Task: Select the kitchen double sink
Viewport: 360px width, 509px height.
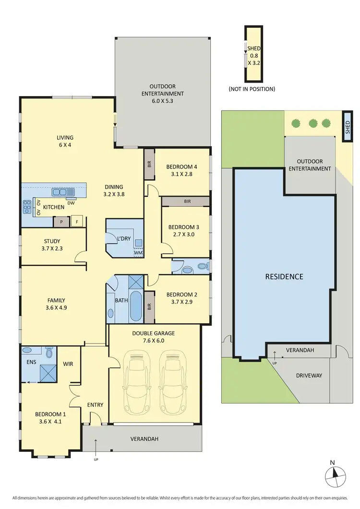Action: coord(63,192)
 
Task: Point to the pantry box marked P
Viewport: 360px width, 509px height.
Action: coord(61,222)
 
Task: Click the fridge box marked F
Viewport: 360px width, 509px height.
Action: coord(77,222)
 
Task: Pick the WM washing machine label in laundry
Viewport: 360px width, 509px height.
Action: coord(138,253)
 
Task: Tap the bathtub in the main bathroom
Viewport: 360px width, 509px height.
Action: coord(136,306)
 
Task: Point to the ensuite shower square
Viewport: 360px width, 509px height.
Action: coord(47,373)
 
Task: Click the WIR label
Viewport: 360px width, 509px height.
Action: coord(68,364)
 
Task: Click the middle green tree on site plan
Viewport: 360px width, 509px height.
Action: coord(313,123)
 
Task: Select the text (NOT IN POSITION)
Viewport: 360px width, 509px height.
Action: coord(252,89)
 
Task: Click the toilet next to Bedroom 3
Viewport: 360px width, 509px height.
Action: coord(201,266)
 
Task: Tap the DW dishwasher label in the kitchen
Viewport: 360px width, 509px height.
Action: coord(71,203)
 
